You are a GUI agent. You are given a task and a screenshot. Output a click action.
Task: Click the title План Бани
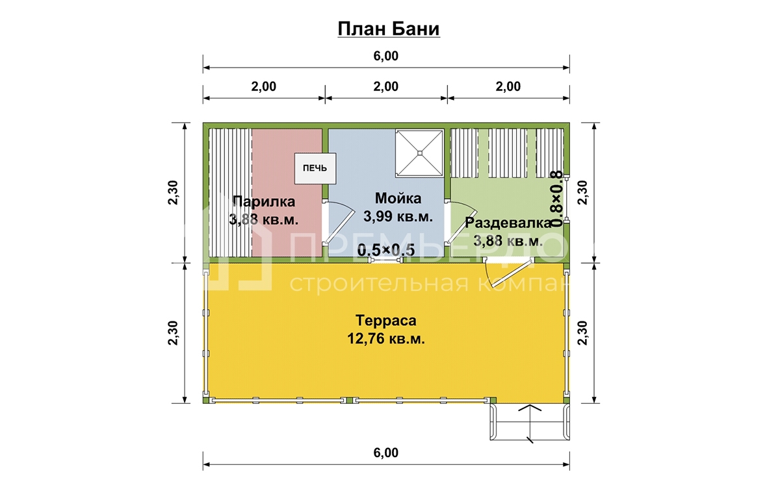coord(389,29)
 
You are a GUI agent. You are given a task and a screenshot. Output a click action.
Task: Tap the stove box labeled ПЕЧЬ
coord(315,168)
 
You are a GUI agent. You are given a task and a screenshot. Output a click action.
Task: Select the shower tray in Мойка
coord(420,153)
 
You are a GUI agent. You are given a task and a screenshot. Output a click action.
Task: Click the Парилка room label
coord(264,201)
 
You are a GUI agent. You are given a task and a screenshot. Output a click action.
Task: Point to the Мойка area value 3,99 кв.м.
coord(398,216)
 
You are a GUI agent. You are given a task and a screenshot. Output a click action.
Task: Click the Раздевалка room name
coord(508,223)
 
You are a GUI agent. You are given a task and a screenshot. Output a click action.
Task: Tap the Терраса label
coord(386,320)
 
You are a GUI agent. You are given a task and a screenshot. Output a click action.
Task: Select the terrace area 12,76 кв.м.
coord(386,338)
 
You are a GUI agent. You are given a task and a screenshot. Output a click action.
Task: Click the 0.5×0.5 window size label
coord(386,250)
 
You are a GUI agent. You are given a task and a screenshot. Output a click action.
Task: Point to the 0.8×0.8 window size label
coord(556,199)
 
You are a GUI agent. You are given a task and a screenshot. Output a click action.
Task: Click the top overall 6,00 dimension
coord(386,56)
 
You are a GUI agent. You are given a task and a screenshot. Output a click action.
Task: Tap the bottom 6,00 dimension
coord(386,453)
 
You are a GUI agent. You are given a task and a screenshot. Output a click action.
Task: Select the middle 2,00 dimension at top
coord(386,86)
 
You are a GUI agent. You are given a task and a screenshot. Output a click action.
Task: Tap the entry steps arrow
coord(530,423)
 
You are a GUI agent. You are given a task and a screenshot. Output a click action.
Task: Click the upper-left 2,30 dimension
coord(173,193)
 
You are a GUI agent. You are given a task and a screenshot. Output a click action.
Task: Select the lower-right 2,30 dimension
coord(582,333)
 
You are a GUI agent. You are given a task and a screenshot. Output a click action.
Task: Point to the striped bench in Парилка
coord(230,193)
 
